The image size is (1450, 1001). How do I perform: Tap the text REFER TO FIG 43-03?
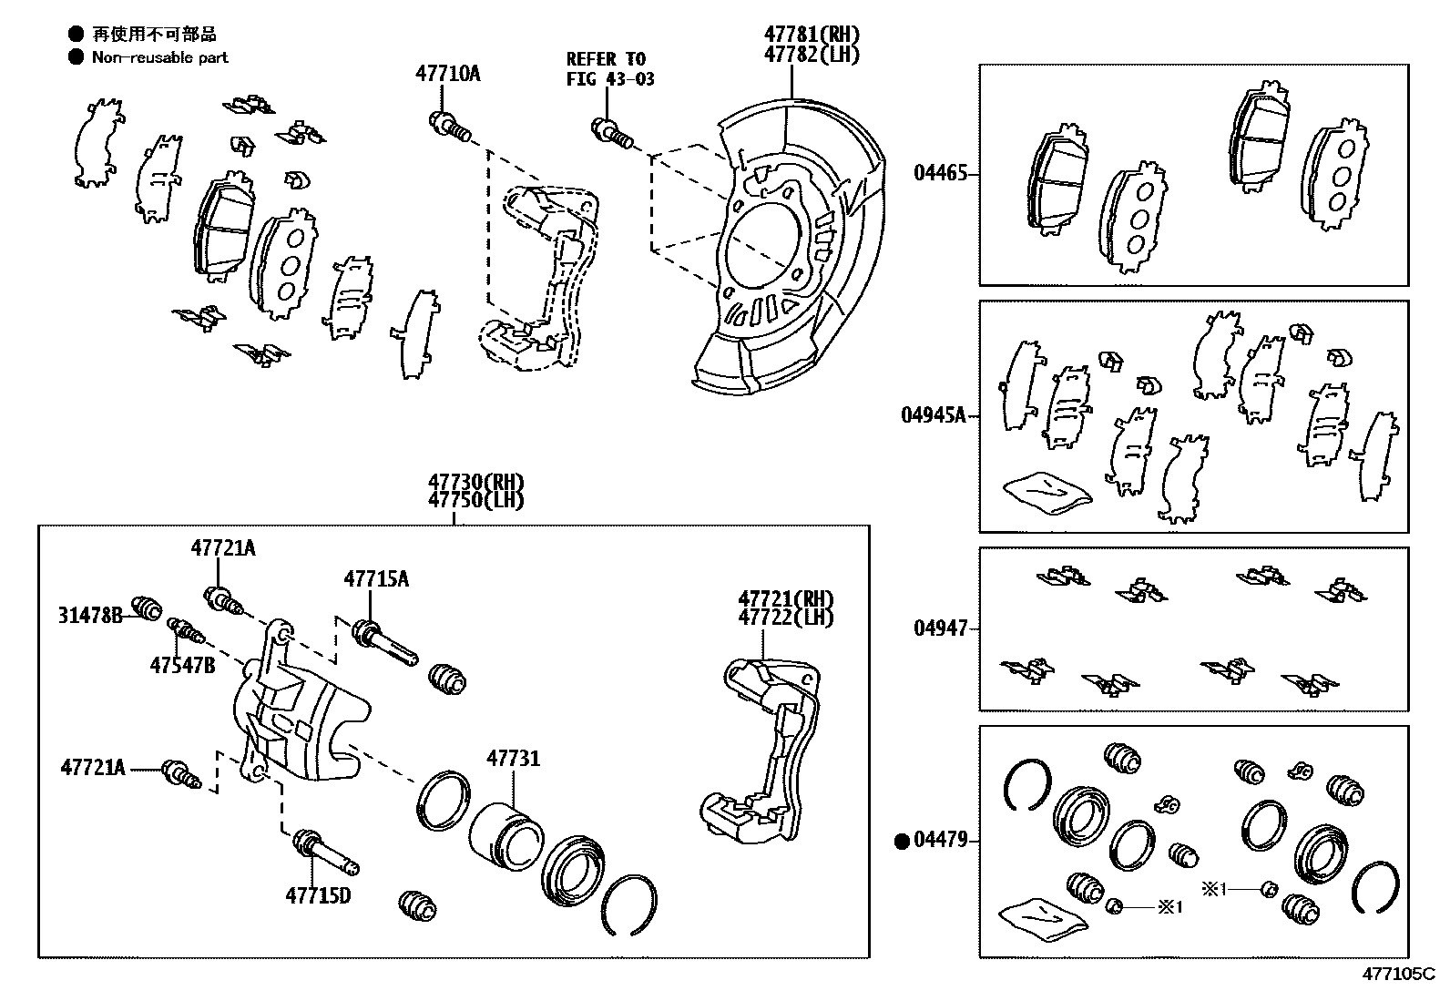[x=609, y=69]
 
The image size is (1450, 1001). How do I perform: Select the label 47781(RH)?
[x=811, y=35]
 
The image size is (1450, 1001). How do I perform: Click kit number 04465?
[x=940, y=173]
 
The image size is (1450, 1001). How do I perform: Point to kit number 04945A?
[x=933, y=415]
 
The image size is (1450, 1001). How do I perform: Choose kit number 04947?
[x=940, y=628]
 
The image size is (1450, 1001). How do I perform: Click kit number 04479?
[x=940, y=841]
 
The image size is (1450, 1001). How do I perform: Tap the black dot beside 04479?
[x=903, y=842]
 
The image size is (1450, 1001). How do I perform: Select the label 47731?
[x=513, y=758]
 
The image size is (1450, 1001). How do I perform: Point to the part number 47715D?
[x=318, y=895]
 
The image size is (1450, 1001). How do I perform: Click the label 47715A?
[x=375, y=578]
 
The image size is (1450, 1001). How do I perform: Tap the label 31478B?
[x=90, y=615]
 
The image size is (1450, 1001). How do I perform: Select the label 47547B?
[x=182, y=665]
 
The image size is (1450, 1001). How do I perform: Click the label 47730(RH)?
[x=476, y=483]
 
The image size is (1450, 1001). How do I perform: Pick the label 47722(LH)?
[x=785, y=617]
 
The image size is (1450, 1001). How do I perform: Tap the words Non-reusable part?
[x=159, y=57]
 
